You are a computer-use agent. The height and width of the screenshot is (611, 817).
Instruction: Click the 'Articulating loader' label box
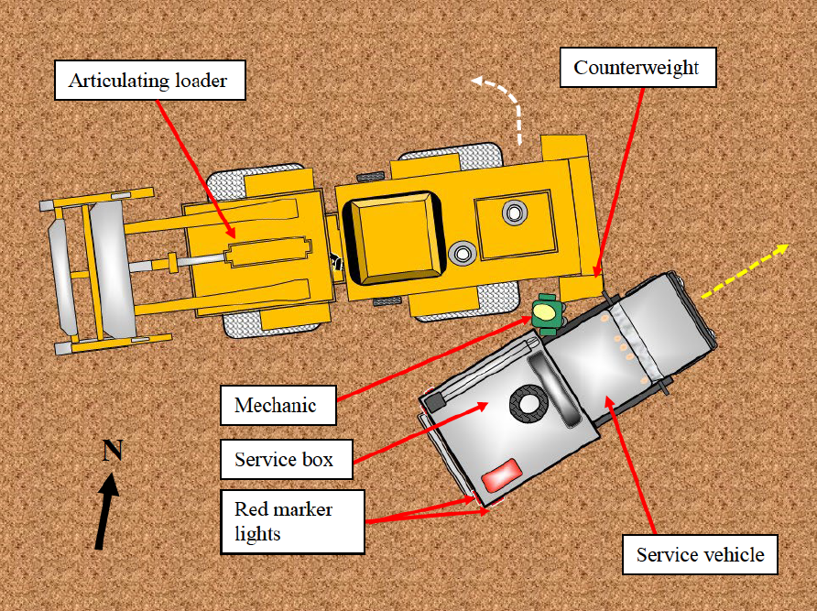(x=154, y=82)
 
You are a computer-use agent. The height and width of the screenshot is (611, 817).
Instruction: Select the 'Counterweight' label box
(x=636, y=68)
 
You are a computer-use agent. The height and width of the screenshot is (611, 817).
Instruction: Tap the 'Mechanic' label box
(x=278, y=405)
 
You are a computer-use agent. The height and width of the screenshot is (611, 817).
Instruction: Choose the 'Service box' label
(x=286, y=458)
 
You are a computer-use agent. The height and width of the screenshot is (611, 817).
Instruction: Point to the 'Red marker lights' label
(x=292, y=520)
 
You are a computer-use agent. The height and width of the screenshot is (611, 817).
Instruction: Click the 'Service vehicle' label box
(x=701, y=553)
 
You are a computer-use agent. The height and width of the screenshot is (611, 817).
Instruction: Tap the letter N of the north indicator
(x=112, y=450)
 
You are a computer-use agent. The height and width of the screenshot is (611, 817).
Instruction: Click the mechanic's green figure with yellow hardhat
(x=545, y=312)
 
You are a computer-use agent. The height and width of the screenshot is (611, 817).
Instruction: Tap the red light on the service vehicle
(x=500, y=476)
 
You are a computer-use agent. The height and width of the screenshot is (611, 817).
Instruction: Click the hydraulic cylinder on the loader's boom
(x=270, y=254)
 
